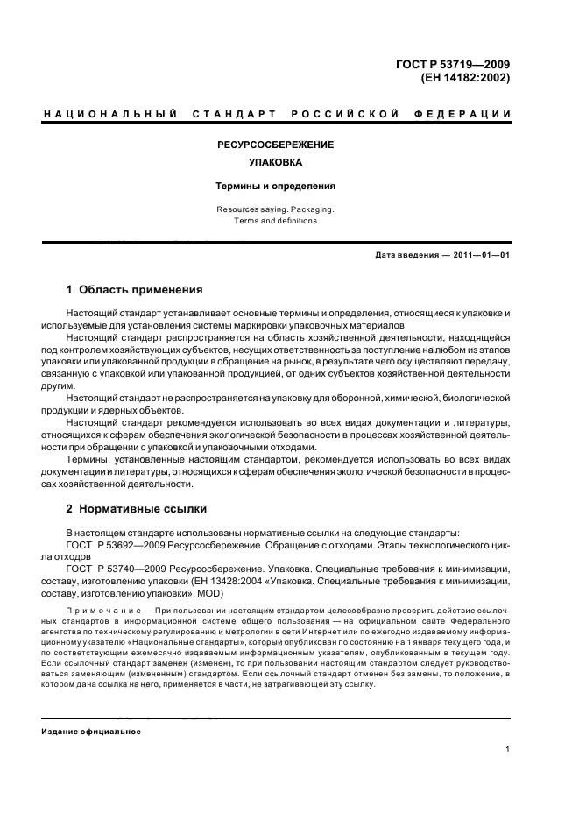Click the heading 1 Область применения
click(x=135, y=289)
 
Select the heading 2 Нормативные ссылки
click(x=136, y=508)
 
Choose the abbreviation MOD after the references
click(x=211, y=593)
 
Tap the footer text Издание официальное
click(x=92, y=732)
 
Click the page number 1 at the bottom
click(x=508, y=750)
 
